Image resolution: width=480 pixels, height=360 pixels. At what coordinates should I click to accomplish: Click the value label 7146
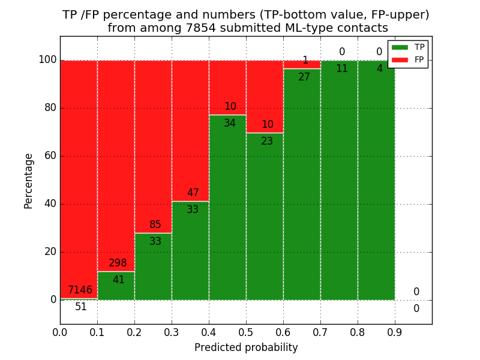tap(80, 290)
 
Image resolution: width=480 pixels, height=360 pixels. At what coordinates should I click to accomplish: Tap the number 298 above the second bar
tap(118, 263)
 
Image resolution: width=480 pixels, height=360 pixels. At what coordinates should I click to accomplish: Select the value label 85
tap(155, 225)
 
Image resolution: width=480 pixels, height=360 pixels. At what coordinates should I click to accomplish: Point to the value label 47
tap(193, 193)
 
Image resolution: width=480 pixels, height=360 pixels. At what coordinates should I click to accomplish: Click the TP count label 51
tap(81, 307)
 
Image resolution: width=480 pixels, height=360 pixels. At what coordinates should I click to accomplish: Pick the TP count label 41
tap(118, 280)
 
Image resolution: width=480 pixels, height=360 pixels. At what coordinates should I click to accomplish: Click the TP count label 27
tap(304, 77)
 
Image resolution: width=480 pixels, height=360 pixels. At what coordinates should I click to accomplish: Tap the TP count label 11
tap(341, 68)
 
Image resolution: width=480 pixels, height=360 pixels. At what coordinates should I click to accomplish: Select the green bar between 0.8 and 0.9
tap(376, 192)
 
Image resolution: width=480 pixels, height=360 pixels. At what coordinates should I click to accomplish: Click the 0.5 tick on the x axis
tap(246, 331)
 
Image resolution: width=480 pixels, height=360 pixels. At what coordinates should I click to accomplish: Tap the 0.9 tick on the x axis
tap(395, 331)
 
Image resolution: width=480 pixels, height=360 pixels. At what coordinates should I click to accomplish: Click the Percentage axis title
tap(28, 181)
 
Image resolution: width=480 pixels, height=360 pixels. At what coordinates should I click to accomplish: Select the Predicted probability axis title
tap(246, 347)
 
